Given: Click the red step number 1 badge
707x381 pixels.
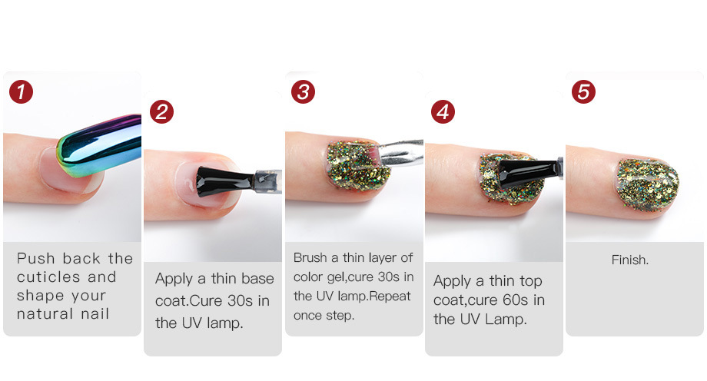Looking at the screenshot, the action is click(21, 92).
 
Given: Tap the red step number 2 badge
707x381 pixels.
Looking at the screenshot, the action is click(161, 112).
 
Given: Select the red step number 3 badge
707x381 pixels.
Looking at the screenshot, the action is click(303, 92).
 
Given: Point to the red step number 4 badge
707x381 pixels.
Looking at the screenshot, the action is click(443, 112).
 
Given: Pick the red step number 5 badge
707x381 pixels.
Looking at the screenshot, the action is click(583, 92).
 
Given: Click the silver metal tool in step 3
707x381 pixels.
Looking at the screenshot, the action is click(399, 152).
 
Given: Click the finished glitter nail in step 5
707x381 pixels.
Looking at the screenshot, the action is click(648, 184).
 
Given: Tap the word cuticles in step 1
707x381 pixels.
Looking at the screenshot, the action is click(48, 277).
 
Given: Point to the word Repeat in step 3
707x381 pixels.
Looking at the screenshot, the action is click(390, 297).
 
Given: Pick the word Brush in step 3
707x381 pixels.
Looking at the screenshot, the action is click(310, 257).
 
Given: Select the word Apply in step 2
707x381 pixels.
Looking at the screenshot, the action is click(174, 280).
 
